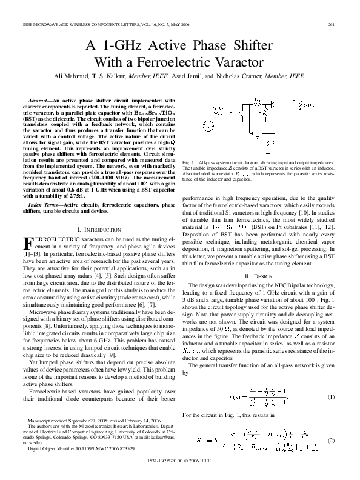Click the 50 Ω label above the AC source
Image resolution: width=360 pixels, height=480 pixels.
[219, 109]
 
